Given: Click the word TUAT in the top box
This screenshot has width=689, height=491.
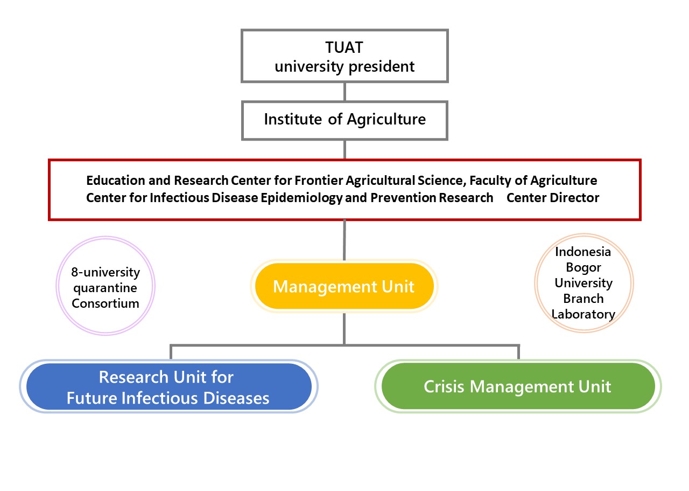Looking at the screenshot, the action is [344, 47].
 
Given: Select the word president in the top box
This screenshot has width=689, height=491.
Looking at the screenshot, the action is [382, 67].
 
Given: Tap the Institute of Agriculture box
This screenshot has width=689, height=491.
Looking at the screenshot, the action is [344, 121].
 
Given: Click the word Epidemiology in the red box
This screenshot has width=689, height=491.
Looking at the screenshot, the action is [301, 198].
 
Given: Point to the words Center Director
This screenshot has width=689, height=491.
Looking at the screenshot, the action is [553, 198].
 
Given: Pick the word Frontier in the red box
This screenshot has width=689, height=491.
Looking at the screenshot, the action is [318, 181].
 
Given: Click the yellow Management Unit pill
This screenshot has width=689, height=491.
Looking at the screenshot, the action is [344, 286].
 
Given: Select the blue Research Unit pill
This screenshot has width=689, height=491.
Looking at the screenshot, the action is [168, 386].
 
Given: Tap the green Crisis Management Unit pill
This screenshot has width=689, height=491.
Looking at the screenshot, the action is [518, 386].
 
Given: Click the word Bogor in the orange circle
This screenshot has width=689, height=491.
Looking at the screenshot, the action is [583, 268].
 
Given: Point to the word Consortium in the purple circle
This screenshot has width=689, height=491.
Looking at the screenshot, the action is [106, 304].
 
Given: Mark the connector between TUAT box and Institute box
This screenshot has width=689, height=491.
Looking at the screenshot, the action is [344, 92].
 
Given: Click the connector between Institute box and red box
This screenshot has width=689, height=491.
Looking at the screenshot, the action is [344, 150].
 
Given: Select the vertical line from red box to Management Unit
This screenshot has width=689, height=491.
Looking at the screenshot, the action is [344, 240].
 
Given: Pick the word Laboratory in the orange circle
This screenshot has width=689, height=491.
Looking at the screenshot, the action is [583, 315].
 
